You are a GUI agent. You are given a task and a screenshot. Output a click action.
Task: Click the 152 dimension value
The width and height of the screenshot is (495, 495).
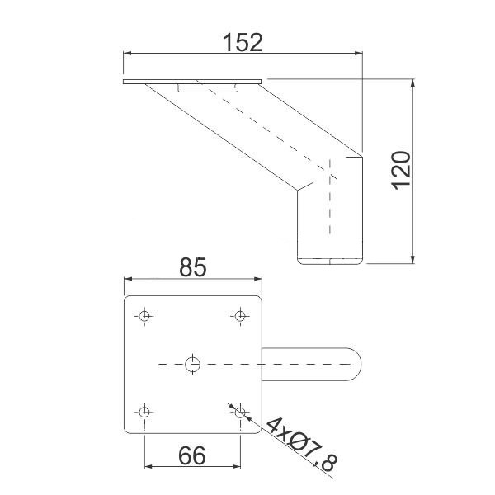[243, 43]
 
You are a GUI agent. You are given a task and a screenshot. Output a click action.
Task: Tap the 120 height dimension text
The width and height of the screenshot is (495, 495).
[401, 171]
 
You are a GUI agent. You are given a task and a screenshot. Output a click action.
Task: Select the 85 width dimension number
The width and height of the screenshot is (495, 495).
[192, 267]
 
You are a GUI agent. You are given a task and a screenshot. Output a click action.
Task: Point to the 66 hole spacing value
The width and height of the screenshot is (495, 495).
[192, 455]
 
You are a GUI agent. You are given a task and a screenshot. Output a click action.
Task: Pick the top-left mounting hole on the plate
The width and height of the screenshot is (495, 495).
[144, 316]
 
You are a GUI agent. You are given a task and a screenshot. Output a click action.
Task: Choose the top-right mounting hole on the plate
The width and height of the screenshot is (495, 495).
[241, 316]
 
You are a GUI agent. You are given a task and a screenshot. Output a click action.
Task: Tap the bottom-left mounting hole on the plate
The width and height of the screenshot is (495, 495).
[144, 412]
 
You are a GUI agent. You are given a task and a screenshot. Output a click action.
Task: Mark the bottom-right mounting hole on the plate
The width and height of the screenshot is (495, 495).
[241, 412]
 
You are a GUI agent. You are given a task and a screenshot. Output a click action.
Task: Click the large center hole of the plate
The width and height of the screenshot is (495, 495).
[192, 365]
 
